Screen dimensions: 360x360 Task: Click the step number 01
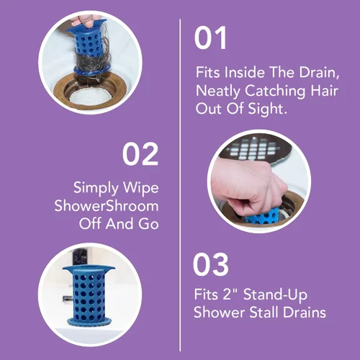click(x=210, y=38)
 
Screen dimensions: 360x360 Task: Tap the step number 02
click(x=140, y=154)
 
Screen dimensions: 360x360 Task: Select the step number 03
click(x=210, y=264)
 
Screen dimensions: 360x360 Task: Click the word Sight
click(x=267, y=109)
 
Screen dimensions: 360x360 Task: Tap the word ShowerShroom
click(x=107, y=206)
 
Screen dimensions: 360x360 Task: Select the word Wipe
click(x=140, y=188)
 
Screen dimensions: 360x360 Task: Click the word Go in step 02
click(x=148, y=224)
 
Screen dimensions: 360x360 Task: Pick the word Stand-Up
click(x=275, y=294)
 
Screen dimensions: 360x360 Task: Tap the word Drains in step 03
click(x=305, y=312)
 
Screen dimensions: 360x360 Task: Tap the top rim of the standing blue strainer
click(x=89, y=269)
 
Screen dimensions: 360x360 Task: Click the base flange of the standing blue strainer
click(x=89, y=321)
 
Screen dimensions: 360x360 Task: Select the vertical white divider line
click(x=180, y=185)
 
